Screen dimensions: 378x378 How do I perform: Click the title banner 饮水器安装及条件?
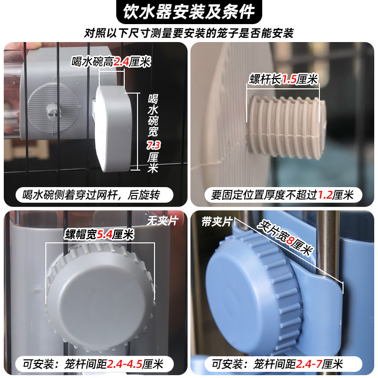pos(189,11)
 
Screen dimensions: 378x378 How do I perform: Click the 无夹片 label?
pos(161,221)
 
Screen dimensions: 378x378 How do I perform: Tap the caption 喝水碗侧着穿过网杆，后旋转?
pos(94,195)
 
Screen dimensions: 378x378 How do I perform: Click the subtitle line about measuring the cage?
pos(189,33)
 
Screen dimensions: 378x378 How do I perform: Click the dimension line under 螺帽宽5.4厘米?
pos(100,243)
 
